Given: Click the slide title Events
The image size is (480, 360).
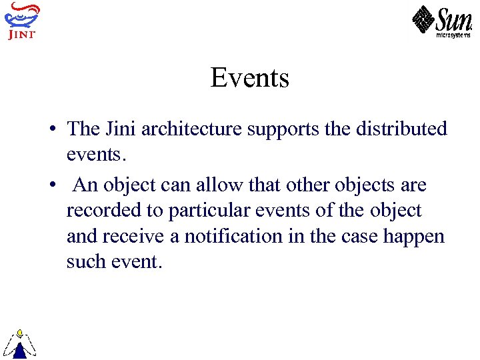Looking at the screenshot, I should (x=250, y=78).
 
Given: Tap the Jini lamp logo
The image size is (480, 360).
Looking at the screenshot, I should (x=21, y=20).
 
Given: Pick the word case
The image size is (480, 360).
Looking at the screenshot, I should (x=359, y=237).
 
